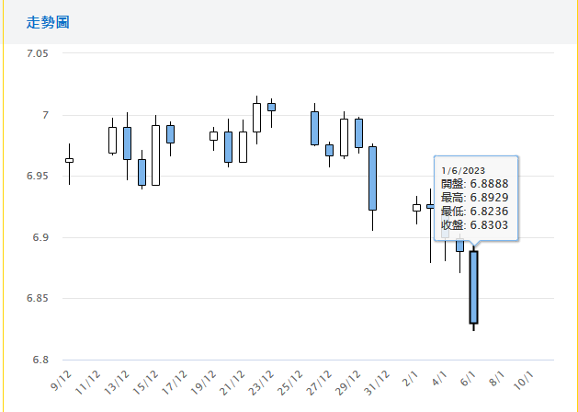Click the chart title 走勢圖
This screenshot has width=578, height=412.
pyautogui.click(x=42, y=21)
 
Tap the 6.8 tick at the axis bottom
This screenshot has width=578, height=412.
pyautogui.click(x=40, y=360)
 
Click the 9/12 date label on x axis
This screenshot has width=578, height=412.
pyautogui.click(x=63, y=379)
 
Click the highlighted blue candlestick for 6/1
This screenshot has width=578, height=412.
pyautogui.click(x=473, y=287)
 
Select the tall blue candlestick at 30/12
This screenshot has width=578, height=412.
pyautogui.click(x=372, y=178)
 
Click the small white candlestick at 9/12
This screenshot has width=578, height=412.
pyautogui.click(x=69, y=160)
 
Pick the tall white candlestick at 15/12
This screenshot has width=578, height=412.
pyautogui.click(x=155, y=155)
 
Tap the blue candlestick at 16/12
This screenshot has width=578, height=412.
pyautogui.click(x=170, y=133)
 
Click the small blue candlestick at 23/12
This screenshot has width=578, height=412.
pyautogui.click(x=271, y=107)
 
